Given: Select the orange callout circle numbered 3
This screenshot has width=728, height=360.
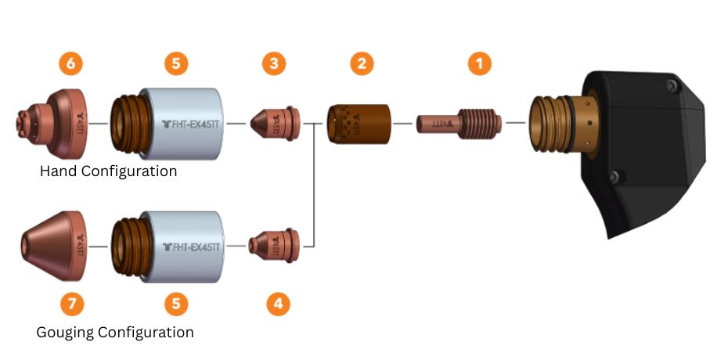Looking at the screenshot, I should pos(273,64).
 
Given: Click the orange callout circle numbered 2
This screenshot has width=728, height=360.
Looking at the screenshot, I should pos(361,64).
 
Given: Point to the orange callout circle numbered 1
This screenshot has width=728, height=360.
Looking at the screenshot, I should pos(480,64).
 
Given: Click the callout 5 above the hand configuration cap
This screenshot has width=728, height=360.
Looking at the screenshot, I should pos(176,64).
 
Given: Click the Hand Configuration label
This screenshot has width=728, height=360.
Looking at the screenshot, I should pos(108,171).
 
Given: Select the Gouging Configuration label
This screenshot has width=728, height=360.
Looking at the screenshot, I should pos(115,333).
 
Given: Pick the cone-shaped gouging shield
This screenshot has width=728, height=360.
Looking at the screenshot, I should pos(53,245).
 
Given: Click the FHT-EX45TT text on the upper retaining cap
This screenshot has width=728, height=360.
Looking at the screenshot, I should pos(192,124).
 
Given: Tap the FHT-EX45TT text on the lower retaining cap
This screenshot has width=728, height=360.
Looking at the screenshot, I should pos(192,246).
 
